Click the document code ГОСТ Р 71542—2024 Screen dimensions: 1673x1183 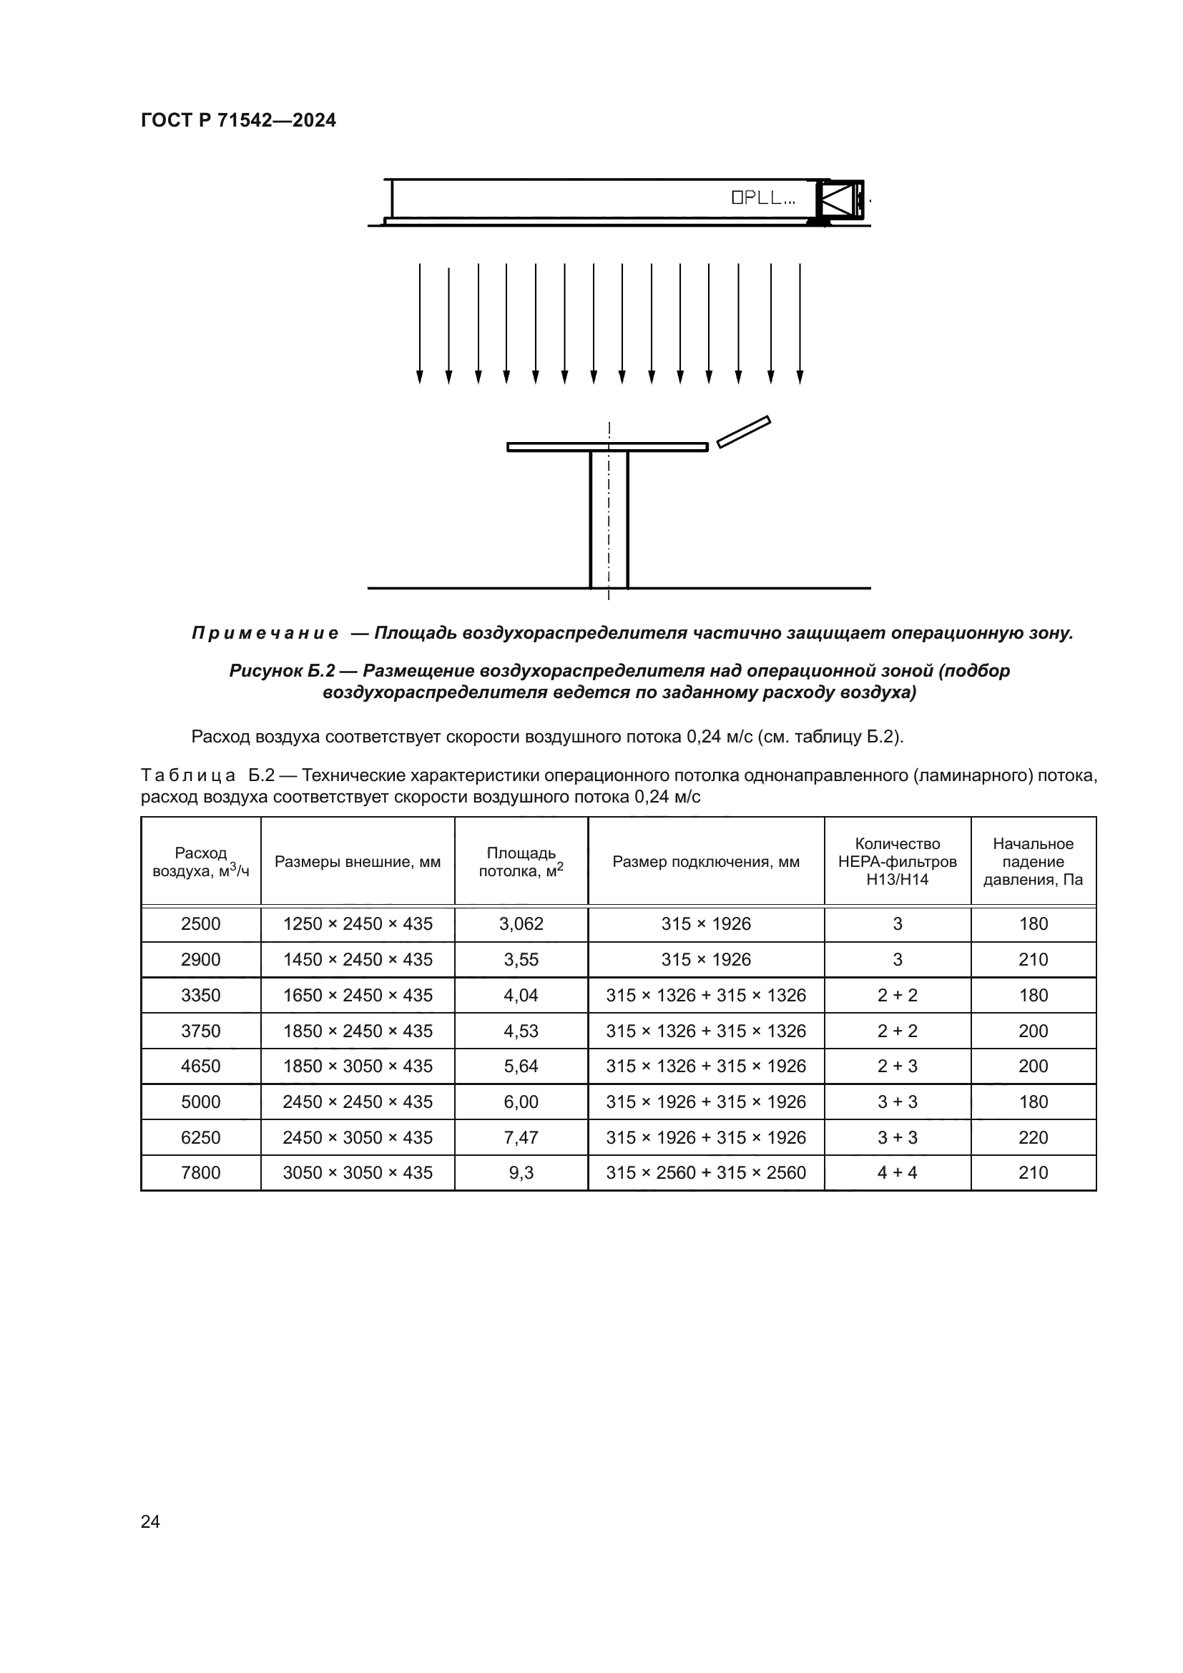click(x=238, y=120)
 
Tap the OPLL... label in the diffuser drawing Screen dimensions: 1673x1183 click(x=762, y=197)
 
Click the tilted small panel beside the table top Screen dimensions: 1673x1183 click(x=743, y=431)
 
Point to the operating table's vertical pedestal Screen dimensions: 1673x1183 click(x=608, y=519)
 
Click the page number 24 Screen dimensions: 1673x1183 click(x=150, y=1521)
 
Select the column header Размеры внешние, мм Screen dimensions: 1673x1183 click(x=357, y=862)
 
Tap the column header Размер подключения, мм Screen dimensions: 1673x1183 click(x=705, y=862)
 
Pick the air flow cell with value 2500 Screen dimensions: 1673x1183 click(x=200, y=924)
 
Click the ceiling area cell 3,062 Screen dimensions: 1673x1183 click(x=521, y=924)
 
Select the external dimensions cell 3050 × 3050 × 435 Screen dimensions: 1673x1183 click(x=357, y=1172)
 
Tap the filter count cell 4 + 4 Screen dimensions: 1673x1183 click(x=897, y=1172)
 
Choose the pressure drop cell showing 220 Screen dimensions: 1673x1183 click(x=1032, y=1137)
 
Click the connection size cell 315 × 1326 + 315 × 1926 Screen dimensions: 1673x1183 click(x=705, y=1066)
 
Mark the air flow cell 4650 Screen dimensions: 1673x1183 click(x=200, y=1066)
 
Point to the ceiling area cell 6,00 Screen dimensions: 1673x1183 click(x=521, y=1102)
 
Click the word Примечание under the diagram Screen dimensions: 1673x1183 click(x=265, y=633)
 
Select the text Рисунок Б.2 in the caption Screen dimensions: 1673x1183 click(x=281, y=670)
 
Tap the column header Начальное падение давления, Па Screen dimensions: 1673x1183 click(x=1032, y=861)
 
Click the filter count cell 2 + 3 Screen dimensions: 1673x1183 click(x=897, y=1066)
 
